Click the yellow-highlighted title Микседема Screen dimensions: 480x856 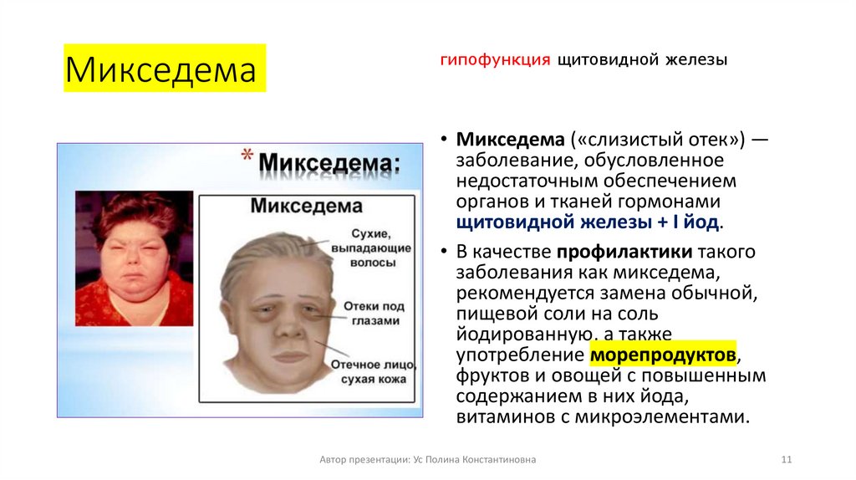161,70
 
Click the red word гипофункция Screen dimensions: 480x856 494,60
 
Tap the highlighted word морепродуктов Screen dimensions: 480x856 664,355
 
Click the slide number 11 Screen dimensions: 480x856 786,460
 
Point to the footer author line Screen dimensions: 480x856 428,460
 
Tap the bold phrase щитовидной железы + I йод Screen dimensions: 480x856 589,222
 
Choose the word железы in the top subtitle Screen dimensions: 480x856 696,60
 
